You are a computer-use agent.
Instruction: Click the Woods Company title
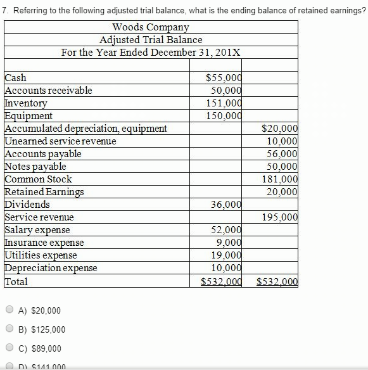click(151, 27)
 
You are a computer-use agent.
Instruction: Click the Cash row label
click(16, 78)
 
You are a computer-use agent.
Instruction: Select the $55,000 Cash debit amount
click(224, 78)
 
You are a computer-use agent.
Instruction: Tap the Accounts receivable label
click(48, 91)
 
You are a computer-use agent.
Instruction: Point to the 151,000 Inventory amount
click(224, 103)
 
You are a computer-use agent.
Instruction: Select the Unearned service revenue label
click(61, 141)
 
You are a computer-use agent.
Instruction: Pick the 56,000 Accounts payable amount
click(282, 154)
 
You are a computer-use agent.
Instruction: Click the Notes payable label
click(35, 167)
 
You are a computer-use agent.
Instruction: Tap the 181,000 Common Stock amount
click(280, 179)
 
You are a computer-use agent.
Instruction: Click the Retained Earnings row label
click(44, 192)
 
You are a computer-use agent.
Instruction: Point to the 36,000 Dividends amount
click(226, 205)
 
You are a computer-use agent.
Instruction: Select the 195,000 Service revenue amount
click(280, 217)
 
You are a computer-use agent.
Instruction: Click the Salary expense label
click(37, 230)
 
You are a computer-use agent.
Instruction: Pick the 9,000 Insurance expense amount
click(229, 242)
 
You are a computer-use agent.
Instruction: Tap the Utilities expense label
click(41, 255)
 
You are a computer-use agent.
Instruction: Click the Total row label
click(16, 281)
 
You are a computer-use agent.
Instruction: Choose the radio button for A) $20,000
click(10, 310)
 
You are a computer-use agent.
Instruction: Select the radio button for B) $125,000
click(10, 329)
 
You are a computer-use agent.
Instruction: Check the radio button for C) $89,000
click(10, 348)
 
